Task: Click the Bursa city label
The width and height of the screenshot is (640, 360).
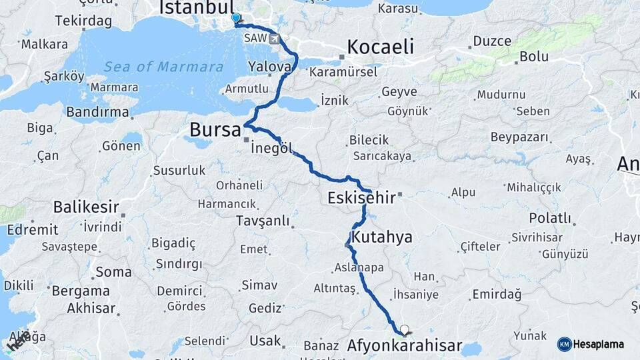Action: point(215,129)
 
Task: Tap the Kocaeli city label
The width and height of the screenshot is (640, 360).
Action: point(379,47)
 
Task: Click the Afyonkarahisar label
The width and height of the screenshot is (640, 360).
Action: point(405,346)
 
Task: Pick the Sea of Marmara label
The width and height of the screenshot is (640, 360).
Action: point(163,67)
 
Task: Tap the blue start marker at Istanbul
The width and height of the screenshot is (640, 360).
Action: point(235,18)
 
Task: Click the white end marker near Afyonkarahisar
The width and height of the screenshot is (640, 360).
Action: point(404,329)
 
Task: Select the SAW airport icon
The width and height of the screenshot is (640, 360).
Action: point(275,39)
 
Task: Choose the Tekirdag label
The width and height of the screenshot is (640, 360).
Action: point(83,21)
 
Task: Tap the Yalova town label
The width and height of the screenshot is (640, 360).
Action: point(270,67)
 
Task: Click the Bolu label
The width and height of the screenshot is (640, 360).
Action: point(534,57)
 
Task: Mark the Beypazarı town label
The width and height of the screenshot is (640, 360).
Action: point(519,138)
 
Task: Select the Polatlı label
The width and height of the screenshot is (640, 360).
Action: point(551,218)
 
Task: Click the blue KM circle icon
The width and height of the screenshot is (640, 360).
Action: point(565,344)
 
